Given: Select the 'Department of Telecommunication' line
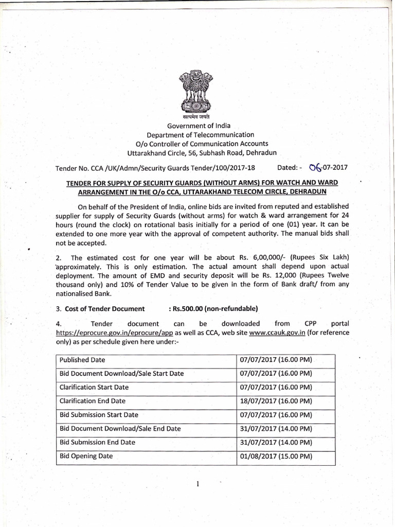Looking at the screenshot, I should [198, 135].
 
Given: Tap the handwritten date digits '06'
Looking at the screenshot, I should [315, 167].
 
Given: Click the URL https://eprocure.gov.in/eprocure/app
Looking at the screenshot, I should [114, 333].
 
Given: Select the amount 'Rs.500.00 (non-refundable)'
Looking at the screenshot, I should [213, 309].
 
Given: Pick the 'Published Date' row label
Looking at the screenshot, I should [82, 360].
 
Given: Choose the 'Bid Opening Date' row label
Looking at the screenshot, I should [86, 456].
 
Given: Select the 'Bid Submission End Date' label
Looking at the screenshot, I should [98, 442].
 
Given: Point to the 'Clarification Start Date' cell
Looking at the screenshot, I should [94, 387].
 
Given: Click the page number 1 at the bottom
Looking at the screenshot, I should [197, 483].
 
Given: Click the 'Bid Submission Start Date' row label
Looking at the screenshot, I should [99, 415].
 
